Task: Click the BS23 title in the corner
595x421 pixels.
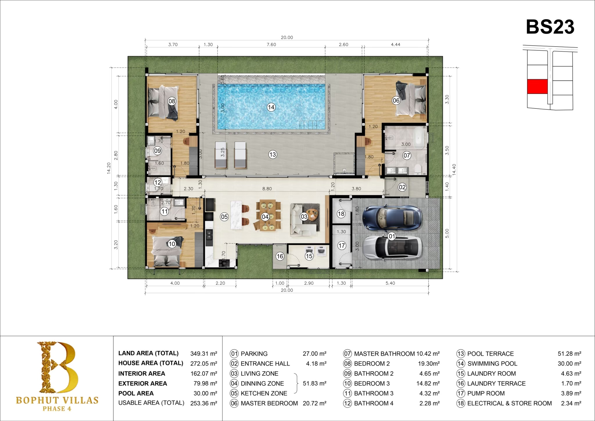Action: point(550,27)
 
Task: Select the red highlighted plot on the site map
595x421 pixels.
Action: point(537,87)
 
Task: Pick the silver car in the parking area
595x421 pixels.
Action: point(392,247)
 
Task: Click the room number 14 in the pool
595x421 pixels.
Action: point(271,107)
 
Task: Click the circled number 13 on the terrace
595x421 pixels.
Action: point(273,154)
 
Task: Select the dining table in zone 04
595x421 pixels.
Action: point(268,215)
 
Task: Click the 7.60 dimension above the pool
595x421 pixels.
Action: point(271,44)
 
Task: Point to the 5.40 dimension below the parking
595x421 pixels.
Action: point(390,283)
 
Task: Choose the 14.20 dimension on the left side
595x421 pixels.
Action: point(109,168)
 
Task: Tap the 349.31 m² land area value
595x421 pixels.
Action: point(204,354)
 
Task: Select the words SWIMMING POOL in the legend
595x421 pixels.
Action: point(492,363)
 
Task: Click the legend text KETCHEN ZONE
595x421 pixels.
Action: point(264,393)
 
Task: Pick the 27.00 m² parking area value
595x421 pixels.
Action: point(315,354)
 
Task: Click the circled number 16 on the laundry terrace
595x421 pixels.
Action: point(280,256)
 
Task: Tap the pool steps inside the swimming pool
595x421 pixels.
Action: point(312,125)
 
